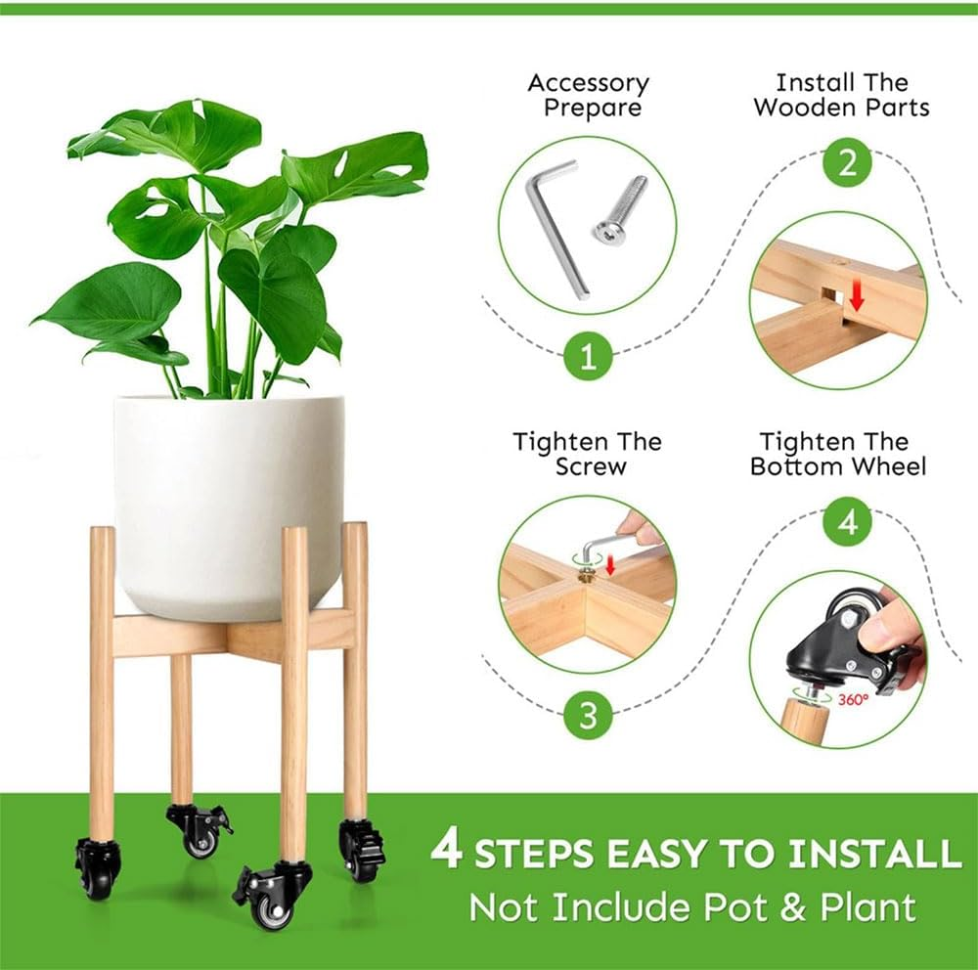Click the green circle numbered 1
pos(588,356)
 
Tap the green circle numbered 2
pos(847,161)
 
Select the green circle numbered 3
pos(588,715)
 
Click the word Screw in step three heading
pos(590,467)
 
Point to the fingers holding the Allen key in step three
pos(642,529)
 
